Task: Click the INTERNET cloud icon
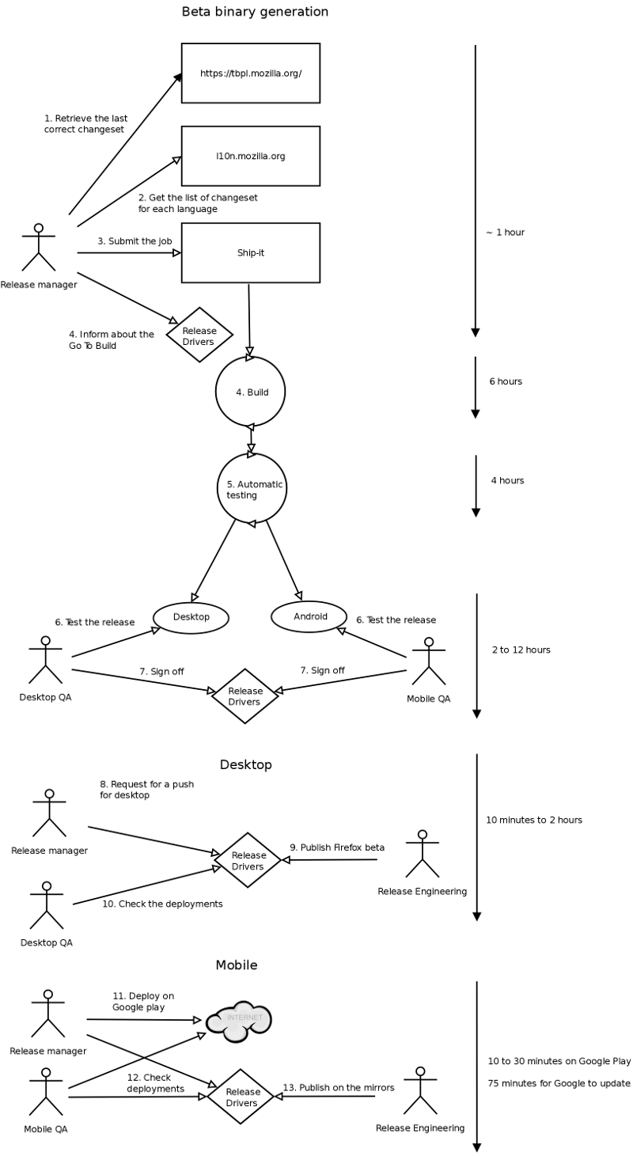pyautogui.click(x=239, y=1021)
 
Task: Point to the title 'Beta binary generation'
pyautogui.click(x=255, y=11)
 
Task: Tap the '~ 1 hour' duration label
pyautogui.click(x=505, y=233)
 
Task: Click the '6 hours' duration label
pyautogui.click(x=506, y=381)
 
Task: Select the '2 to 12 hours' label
pyautogui.click(x=521, y=650)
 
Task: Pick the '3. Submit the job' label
pyautogui.click(x=135, y=241)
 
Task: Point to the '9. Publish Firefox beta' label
pyautogui.click(x=337, y=847)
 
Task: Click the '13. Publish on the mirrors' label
pyautogui.click(x=339, y=1087)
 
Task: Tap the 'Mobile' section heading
pyautogui.click(x=237, y=965)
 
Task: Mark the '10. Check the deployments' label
pyautogui.click(x=162, y=904)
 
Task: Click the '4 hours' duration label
pyautogui.click(x=507, y=480)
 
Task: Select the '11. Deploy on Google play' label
pyautogui.click(x=143, y=1002)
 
